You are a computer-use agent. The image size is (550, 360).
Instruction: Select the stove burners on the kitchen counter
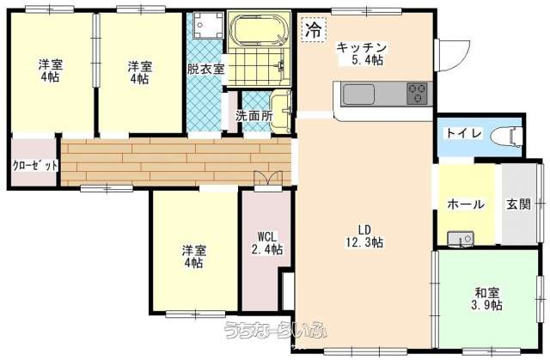(417, 92)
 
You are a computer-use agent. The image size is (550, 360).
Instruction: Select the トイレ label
(463, 134)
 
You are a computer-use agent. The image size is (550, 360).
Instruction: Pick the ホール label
(466, 204)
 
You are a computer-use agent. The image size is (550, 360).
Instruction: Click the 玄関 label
(518, 204)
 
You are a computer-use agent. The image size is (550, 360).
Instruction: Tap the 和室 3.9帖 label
(486, 297)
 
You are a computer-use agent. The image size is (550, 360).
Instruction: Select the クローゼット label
(35, 164)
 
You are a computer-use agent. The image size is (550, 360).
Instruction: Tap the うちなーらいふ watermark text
(272, 330)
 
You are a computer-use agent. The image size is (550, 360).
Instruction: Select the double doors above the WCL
(267, 180)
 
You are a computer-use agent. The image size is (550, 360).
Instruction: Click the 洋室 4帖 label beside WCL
(192, 257)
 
